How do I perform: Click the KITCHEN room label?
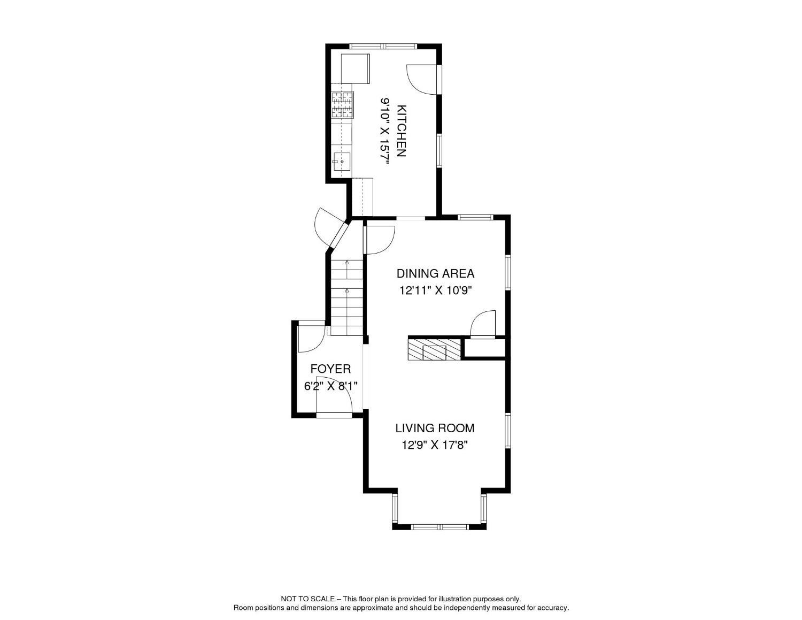(401, 131)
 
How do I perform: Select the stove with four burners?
(342, 105)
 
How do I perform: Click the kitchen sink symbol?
(341, 161)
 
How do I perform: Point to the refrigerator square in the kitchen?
(355, 68)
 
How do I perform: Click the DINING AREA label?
(435, 273)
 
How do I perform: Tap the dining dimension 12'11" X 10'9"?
(435, 291)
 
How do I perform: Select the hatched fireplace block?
(434, 349)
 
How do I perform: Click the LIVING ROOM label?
(435, 428)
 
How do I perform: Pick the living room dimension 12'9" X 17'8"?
(435, 445)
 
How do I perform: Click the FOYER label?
(330, 369)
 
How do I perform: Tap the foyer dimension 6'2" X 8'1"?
(330, 386)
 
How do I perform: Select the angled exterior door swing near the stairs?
(327, 227)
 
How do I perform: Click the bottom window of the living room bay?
(439, 526)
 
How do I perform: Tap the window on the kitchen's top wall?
(384, 46)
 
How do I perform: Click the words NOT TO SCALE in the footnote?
(308, 599)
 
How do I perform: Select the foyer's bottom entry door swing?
(336, 399)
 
